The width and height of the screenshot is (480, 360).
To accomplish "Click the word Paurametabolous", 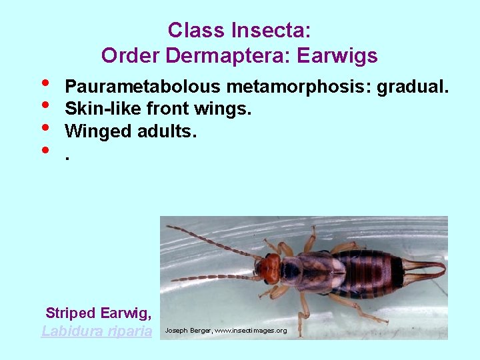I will (x=143, y=87).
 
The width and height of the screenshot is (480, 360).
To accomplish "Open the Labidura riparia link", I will (x=97, y=331).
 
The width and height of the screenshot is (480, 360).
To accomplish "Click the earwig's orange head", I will (x=268, y=268).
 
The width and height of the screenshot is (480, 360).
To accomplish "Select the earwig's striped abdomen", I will (x=370, y=273).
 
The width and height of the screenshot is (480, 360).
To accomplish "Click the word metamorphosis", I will (x=299, y=87).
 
